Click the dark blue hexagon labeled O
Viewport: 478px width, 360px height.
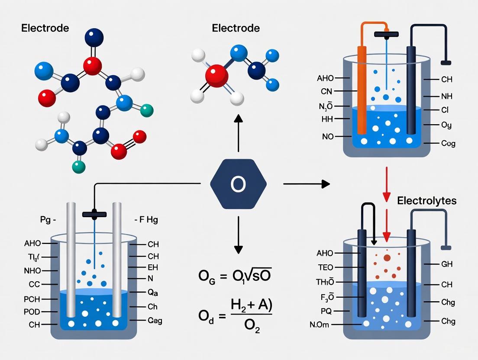[x=238, y=184]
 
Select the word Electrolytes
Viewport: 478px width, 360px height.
[x=426, y=201]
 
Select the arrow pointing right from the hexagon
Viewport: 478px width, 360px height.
[x=306, y=184]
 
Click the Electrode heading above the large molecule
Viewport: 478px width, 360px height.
[x=45, y=29]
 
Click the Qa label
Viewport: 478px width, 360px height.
[x=152, y=292]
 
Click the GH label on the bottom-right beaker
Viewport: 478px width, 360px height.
[x=446, y=264]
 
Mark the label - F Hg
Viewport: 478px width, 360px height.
[x=146, y=220]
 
